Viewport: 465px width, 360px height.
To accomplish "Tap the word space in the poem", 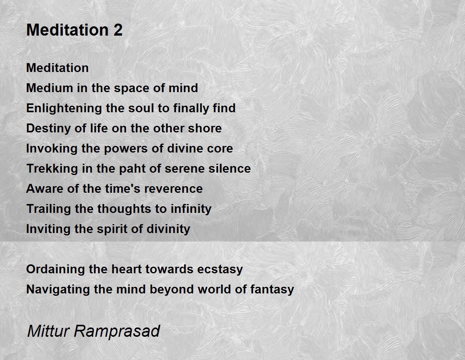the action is pos(132,89).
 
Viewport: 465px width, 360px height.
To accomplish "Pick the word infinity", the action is pos(191,209).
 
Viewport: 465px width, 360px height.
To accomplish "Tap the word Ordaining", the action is pos(55,269).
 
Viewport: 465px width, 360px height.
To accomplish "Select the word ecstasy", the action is pos(220,269).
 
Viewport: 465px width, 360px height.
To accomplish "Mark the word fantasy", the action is pos(272,290).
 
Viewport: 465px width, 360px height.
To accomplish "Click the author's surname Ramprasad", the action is pos(117,331).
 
